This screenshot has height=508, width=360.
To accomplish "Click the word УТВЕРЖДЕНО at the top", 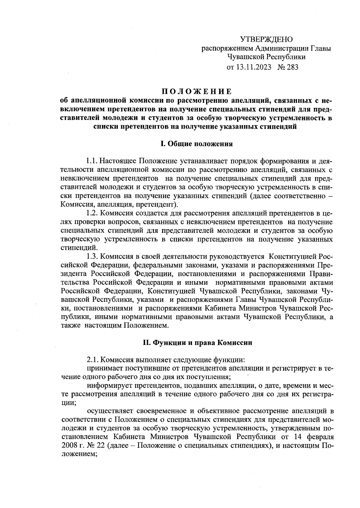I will (x=266, y=39).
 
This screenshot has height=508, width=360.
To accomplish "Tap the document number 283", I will (x=292, y=67).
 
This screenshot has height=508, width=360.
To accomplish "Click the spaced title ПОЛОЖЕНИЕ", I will (x=196, y=91).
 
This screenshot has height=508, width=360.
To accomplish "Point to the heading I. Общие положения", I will (x=196, y=144).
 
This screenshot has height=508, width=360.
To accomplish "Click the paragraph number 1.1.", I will (x=91, y=162).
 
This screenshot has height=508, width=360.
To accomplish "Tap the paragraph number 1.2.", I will (x=92, y=213).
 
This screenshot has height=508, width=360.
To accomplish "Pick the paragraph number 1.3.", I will (x=92, y=256).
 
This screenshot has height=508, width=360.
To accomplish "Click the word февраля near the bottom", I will (x=319, y=436).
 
